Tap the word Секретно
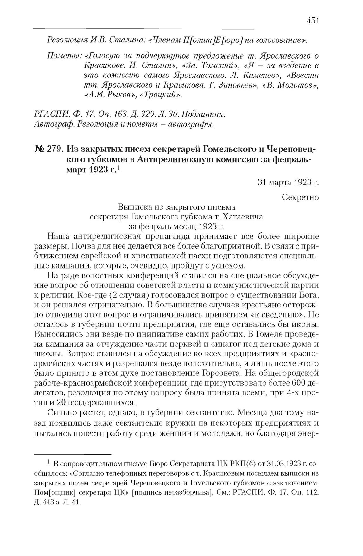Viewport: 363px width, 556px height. [300, 197]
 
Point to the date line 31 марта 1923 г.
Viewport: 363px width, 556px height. [288, 182]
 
